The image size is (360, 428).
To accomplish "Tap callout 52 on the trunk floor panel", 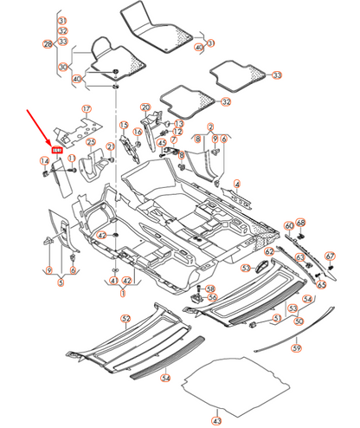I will pyautogui.click(x=125, y=320).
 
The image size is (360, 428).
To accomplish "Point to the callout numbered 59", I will pyautogui.click(x=295, y=348).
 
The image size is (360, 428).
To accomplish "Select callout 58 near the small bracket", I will pyautogui.click(x=210, y=289).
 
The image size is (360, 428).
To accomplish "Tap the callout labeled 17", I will pyautogui.click(x=86, y=109).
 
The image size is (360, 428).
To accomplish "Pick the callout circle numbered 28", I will pyautogui.click(x=48, y=42).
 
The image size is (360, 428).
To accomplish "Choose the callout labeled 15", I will pyautogui.click(x=124, y=125).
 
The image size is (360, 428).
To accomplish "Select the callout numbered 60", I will pyautogui.click(x=290, y=226).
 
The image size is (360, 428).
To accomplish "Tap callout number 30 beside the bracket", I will pyautogui.click(x=63, y=66).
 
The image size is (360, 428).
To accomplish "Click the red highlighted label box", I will pyautogui.click(x=59, y=151).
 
